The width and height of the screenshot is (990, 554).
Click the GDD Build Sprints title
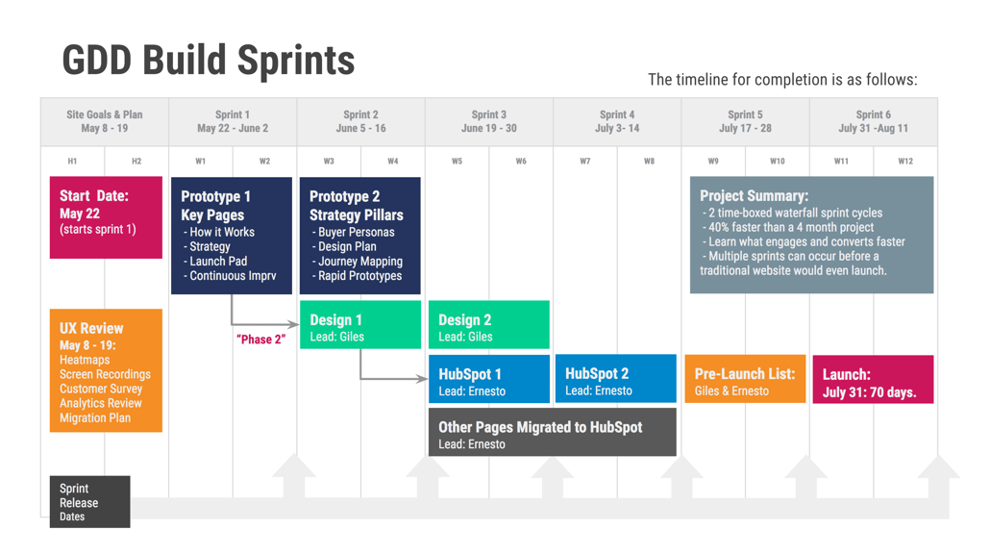click(209, 61)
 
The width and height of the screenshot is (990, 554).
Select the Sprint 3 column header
click(488, 121)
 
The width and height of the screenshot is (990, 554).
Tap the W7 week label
click(585, 161)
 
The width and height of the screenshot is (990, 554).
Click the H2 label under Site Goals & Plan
click(136, 161)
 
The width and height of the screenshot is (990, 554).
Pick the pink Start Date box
click(106, 217)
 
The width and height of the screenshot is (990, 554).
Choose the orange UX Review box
click(106, 370)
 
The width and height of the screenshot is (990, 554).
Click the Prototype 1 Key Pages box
click(232, 236)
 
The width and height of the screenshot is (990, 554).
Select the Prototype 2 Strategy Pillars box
click(359, 236)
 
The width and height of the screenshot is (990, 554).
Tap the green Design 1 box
click(360, 325)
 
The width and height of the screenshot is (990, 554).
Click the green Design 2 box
click(488, 325)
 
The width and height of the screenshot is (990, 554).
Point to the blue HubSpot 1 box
click(488, 379)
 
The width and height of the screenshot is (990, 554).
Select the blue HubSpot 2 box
click(615, 378)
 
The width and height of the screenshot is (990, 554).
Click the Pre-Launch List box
click(745, 378)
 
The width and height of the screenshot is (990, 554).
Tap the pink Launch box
click(873, 379)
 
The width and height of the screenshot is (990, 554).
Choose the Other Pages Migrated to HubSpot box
click(553, 432)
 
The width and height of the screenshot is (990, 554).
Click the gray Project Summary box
click(812, 235)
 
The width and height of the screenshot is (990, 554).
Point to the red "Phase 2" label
click(261, 340)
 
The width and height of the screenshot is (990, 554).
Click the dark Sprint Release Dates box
click(89, 501)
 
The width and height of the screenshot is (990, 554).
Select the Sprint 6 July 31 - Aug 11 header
click(873, 121)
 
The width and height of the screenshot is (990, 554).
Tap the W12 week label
click(905, 161)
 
